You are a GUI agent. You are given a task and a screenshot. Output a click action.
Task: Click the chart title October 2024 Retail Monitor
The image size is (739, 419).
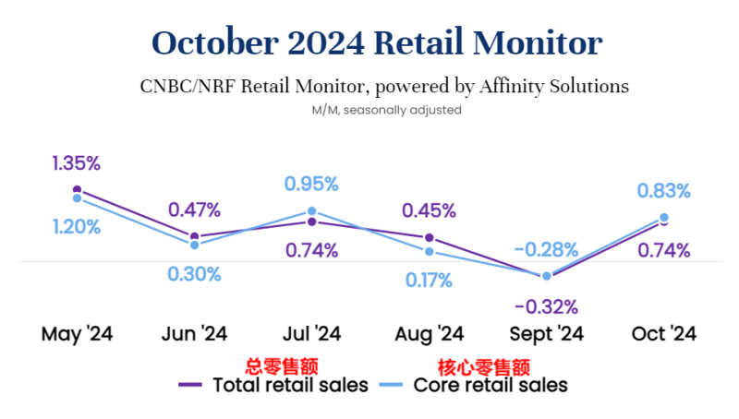[x=377, y=42]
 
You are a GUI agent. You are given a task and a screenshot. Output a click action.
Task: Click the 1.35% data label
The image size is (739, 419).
[x=76, y=163]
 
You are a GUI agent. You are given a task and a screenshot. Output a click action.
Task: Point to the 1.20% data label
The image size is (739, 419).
[x=76, y=226]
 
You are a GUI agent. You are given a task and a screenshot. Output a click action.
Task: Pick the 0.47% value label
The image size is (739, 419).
[x=194, y=209]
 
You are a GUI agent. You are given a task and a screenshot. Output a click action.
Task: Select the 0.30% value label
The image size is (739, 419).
[x=194, y=273]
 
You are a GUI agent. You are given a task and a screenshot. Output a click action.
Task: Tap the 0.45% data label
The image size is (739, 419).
[x=429, y=210]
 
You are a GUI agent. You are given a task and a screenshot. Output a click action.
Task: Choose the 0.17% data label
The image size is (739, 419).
[x=429, y=280]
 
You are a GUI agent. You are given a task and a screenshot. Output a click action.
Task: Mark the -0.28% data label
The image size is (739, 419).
[x=546, y=249]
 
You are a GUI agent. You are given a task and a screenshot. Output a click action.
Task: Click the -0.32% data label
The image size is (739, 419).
[x=546, y=306]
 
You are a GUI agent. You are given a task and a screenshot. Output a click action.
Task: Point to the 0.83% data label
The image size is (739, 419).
[x=663, y=191]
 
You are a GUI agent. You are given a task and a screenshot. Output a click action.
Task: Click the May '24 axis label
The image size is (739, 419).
[x=77, y=333]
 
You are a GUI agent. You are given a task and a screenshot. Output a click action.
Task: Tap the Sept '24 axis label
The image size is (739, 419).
[x=546, y=333]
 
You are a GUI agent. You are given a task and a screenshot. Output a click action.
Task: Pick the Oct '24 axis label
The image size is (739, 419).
[x=664, y=333]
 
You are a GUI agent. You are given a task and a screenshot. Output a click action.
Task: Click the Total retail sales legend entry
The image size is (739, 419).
[x=277, y=384]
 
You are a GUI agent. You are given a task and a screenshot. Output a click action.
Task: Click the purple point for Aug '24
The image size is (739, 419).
[x=430, y=238]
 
